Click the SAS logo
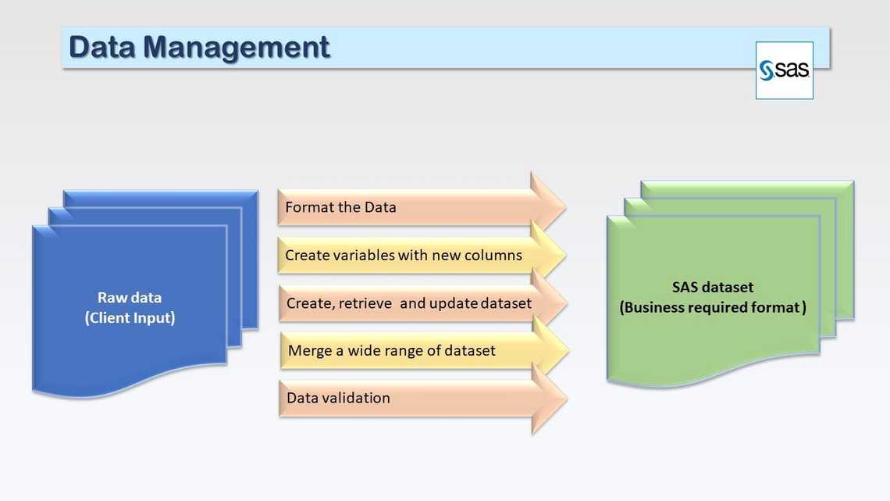click(x=784, y=70)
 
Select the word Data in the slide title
click(x=102, y=47)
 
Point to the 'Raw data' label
click(x=130, y=297)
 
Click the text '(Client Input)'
click(x=130, y=318)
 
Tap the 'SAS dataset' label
click(x=713, y=287)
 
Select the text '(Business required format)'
click(x=713, y=307)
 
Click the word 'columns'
click(x=495, y=255)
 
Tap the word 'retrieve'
click(x=365, y=302)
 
